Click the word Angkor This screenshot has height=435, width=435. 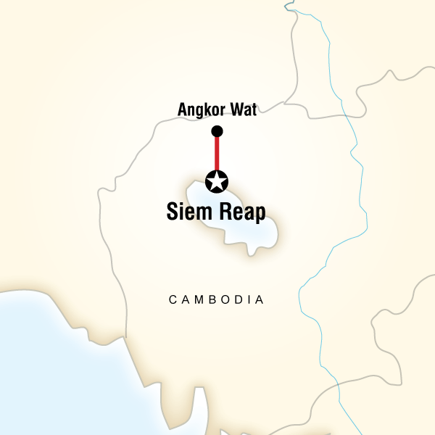tap(199, 111)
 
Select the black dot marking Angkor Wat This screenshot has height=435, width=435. tap(216, 131)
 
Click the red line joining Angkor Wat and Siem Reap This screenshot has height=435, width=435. tap(216, 154)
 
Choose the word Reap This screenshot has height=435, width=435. tap(240, 212)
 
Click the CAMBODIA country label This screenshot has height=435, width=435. tap(215, 299)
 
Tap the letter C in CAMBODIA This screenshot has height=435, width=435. tap(173, 299)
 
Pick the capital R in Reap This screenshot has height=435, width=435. tap(220, 212)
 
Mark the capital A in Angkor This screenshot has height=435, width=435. tap(182, 111)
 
